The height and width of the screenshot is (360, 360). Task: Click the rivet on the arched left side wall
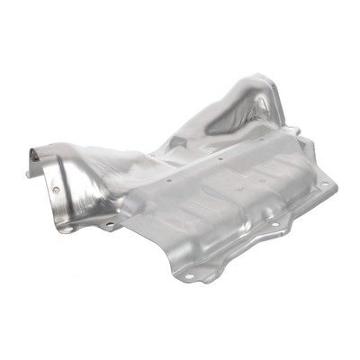[56, 191]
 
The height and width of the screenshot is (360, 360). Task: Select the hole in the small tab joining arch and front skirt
[109, 222]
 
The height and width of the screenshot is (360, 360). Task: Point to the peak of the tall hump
[259, 84]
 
